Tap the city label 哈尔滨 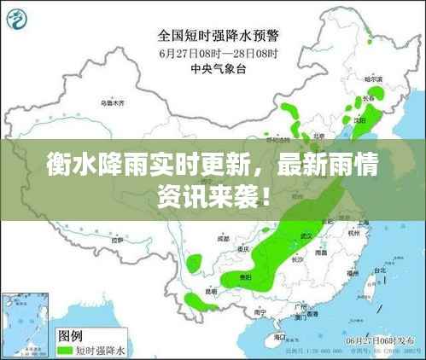coord(372,79)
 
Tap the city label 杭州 coord(353,231)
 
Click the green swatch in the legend coord(64,348)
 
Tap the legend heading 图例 coord(71,334)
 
